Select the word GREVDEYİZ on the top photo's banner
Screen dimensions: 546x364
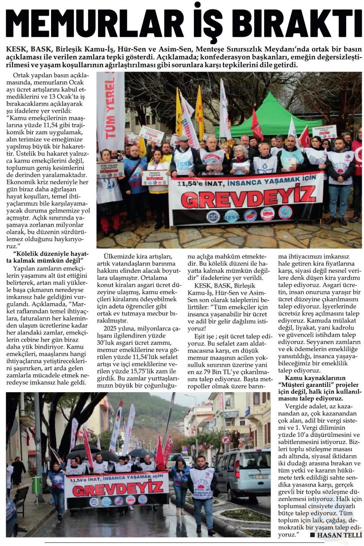(246, 194)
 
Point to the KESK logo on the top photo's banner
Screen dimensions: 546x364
(231, 216)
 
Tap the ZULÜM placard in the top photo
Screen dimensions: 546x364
(324, 131)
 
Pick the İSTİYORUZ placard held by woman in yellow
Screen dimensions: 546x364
(155, 178)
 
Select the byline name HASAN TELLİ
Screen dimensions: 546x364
(339, 535)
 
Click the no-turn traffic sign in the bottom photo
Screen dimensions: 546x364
(225, 439)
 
